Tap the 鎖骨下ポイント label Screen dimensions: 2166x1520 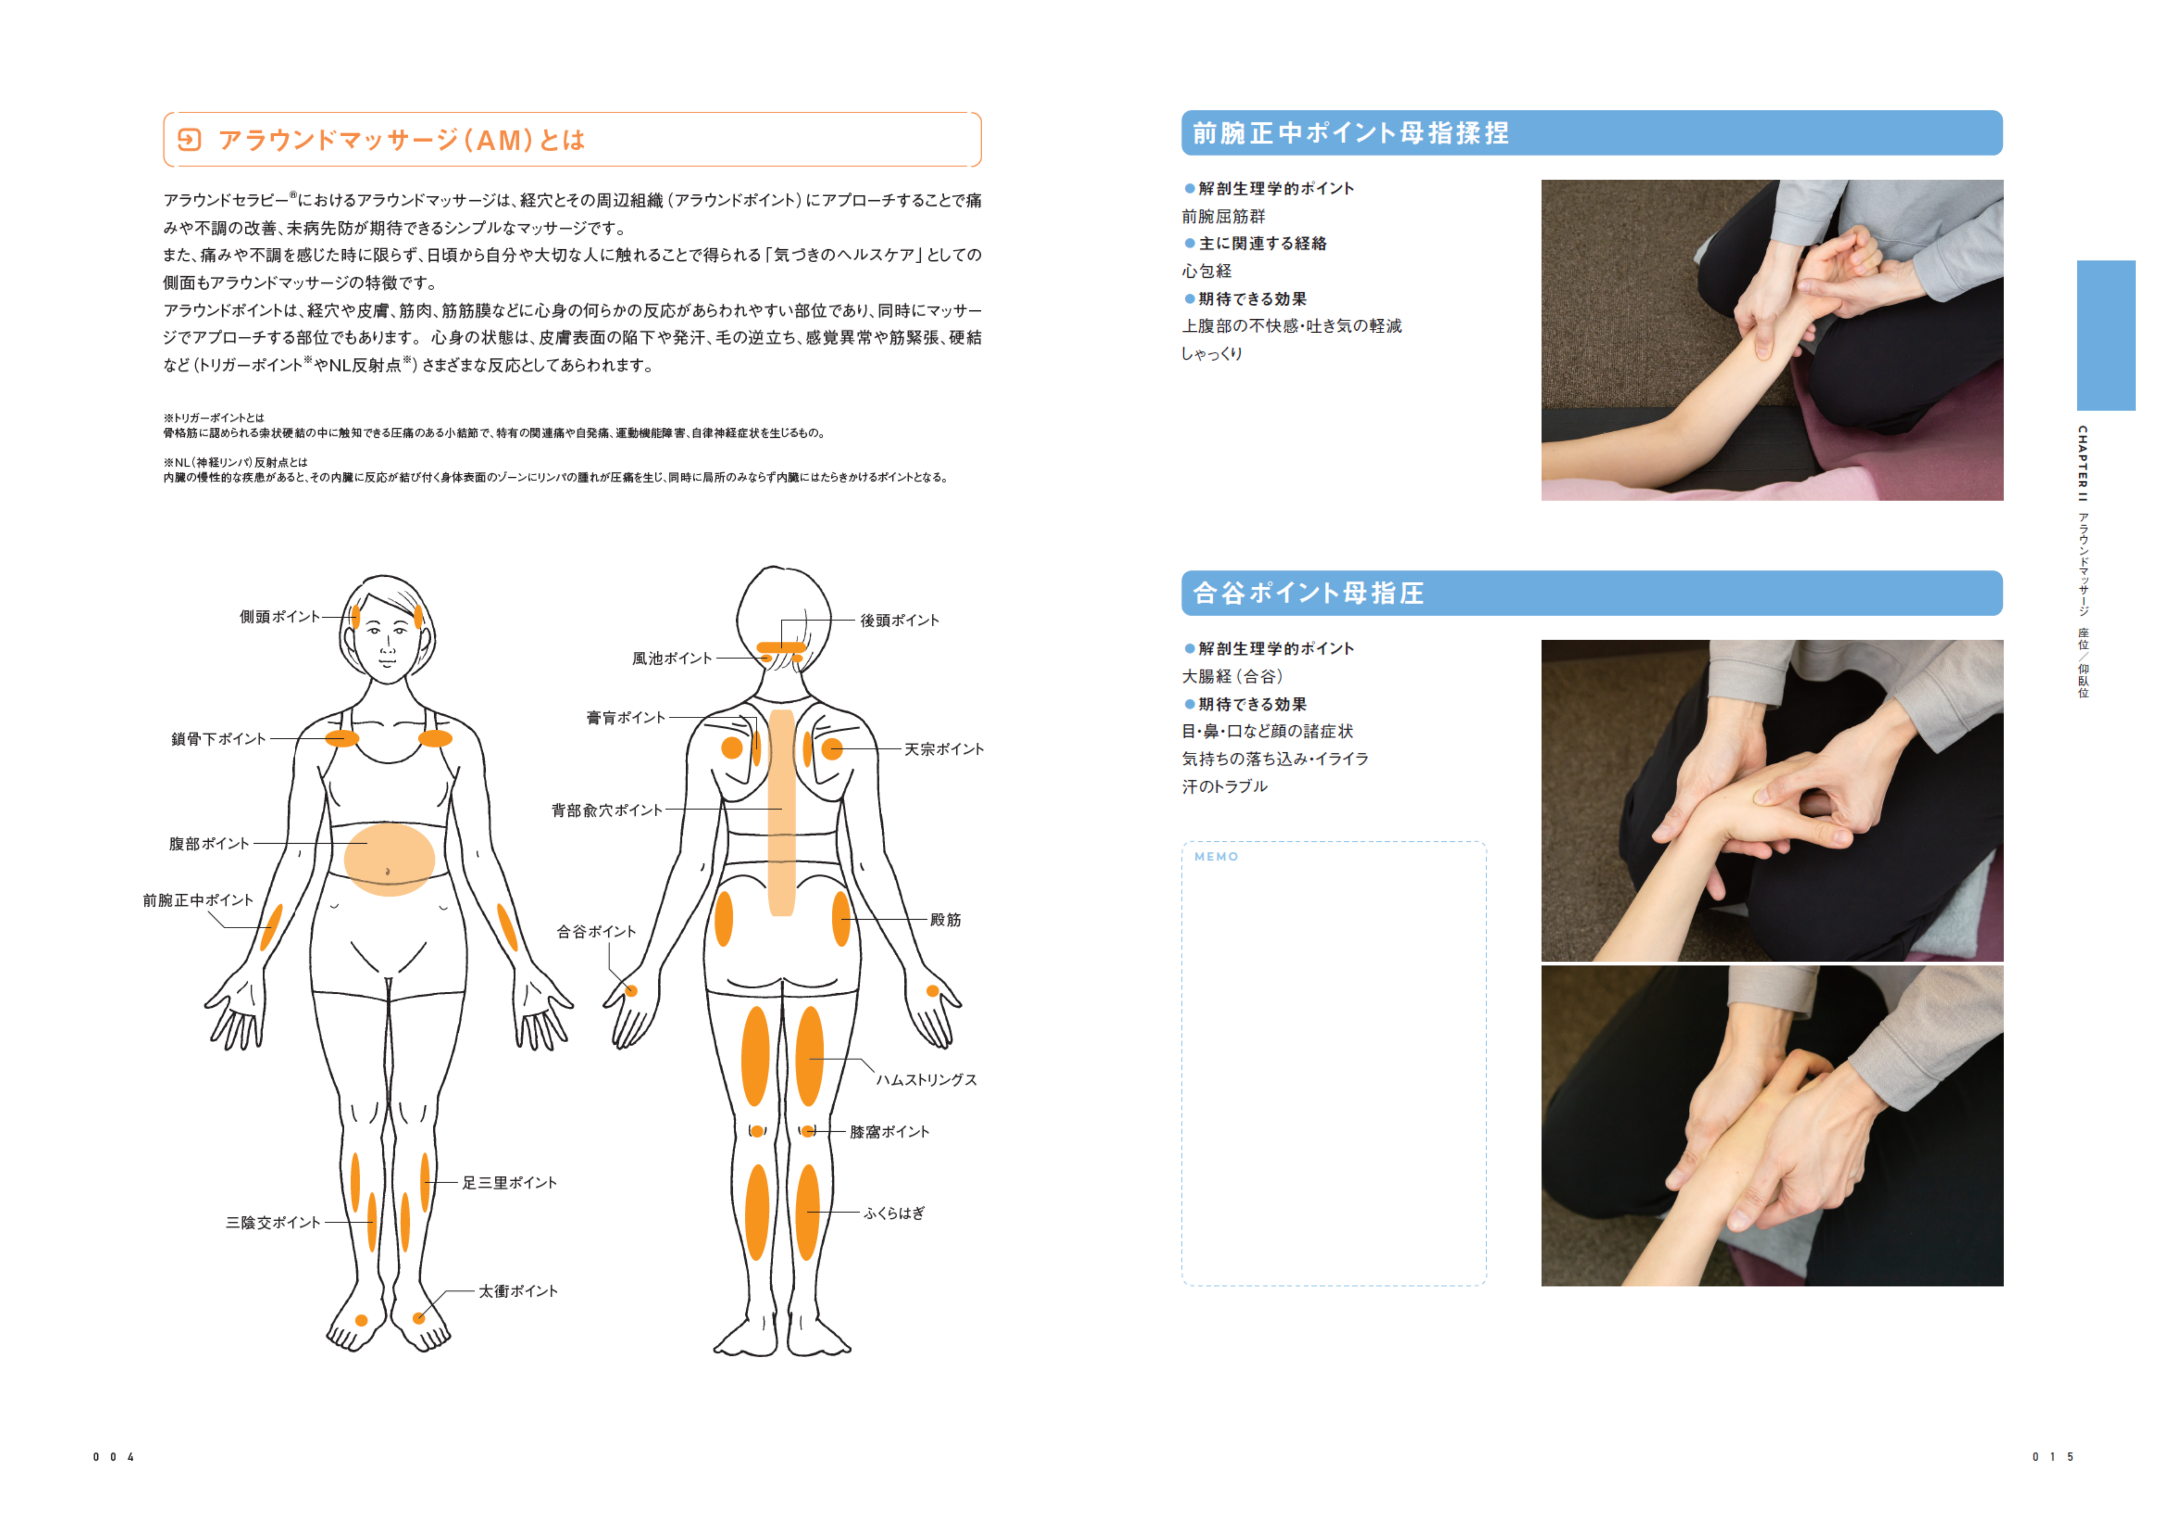pos(219,739)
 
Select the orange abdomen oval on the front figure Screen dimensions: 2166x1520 pos(389,858)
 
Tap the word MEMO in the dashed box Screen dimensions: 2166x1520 pos(1216,857)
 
